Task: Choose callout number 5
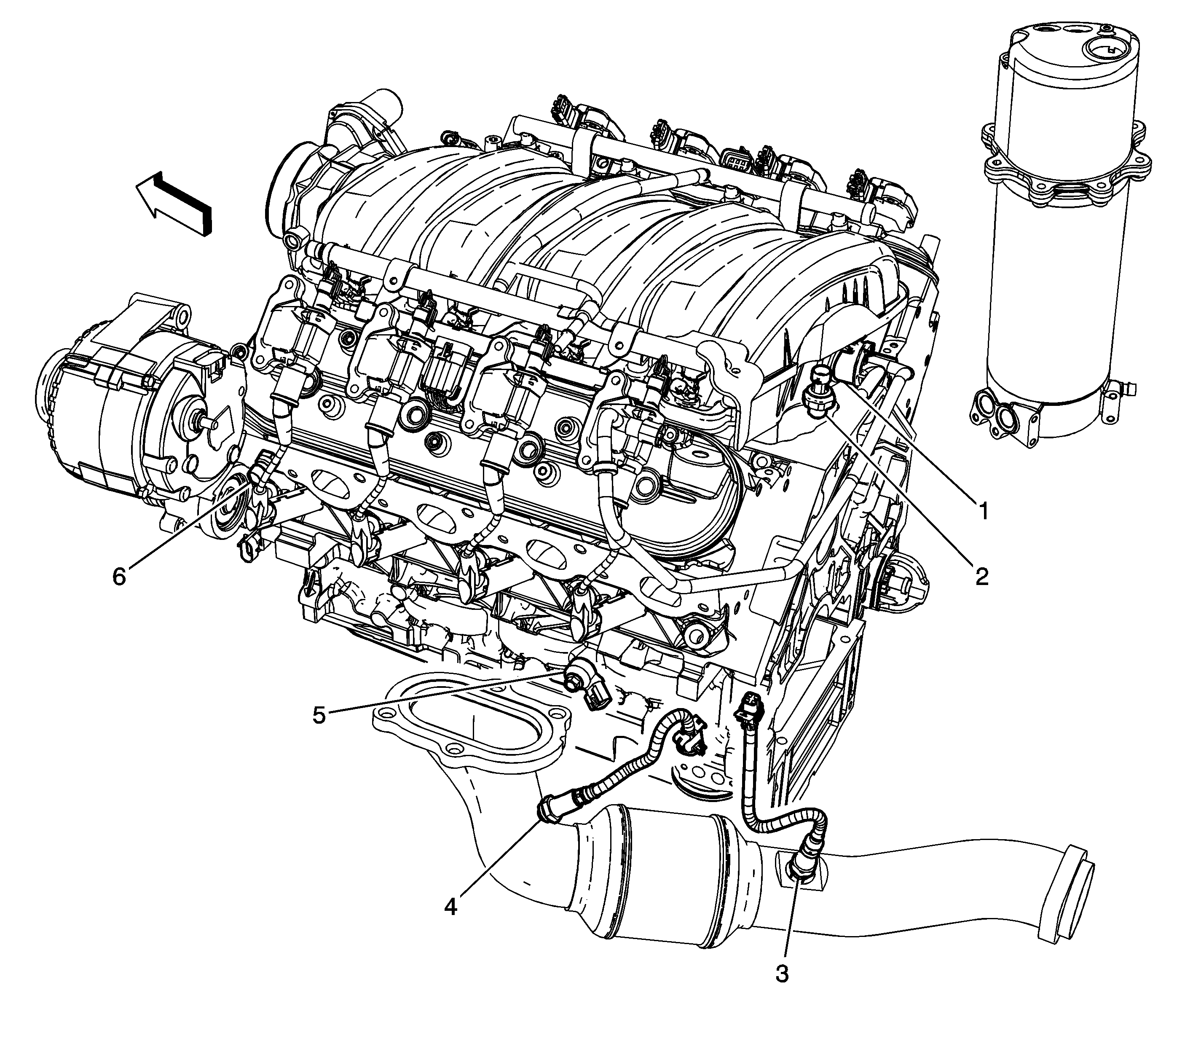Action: [x=319, y=715]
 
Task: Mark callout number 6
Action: [x=119, y=577]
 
